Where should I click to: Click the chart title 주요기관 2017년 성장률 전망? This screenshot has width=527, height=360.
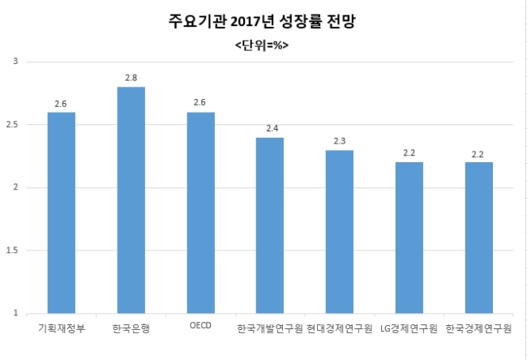point(262,21)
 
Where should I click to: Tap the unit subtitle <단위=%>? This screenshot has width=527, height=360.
point(262,45)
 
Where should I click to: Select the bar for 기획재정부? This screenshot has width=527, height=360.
point(62,212)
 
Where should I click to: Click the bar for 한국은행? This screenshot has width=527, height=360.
point(131,200)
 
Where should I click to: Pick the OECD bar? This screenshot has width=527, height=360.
point(200,212)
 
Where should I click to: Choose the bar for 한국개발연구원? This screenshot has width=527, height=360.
point(270,225)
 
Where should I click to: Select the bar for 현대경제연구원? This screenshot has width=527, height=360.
point(340,232)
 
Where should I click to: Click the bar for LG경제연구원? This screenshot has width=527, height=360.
point(409,238)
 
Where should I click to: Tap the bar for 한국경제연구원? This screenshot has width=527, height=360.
point(479,238)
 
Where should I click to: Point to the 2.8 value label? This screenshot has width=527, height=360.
point(131,78)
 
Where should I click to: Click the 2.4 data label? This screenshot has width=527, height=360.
point(272,128)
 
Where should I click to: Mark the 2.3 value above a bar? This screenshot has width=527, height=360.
point(340,141)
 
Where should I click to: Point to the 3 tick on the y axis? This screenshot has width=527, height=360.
point(15,61)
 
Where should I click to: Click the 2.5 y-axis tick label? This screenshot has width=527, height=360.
point(12,124)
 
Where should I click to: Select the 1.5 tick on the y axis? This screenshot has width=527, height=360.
point(12,251)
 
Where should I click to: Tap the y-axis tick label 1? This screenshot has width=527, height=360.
point(15,313)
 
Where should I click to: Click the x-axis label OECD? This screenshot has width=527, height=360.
point(200,325)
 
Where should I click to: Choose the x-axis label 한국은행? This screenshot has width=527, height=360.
point(131,328)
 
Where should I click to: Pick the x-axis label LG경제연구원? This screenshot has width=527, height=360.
point(409,328)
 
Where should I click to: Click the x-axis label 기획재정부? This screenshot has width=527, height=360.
point(62,328)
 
